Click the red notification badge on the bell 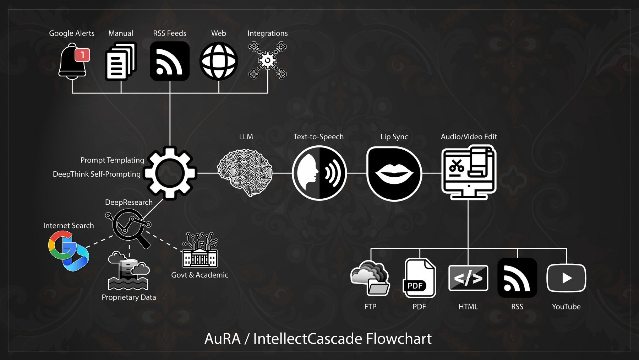pos(82,55)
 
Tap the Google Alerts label pos(72,33)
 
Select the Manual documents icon pos(121,61)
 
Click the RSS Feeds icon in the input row pos(170,61)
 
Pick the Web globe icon pos(219,61)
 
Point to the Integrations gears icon pos(268,60)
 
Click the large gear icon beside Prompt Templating pos(170,173)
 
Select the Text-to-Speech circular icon pos(319,173)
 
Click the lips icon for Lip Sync pos(394,173)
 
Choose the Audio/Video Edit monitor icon pos(469,172)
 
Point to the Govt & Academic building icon pos(200,251)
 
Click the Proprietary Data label pos(129,297)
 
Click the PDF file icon pos(419,278)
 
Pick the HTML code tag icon pos(468,278)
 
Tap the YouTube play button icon pos(566,278)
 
